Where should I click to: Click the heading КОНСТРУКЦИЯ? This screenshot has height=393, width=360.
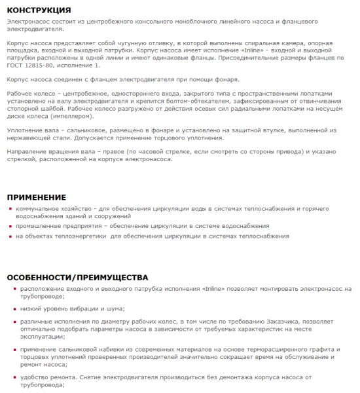(x=39, y=10)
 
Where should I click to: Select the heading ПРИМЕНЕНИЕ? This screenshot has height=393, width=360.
(x=37, y=197)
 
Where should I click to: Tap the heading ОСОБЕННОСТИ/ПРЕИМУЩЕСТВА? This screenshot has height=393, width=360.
(x=77, y=277)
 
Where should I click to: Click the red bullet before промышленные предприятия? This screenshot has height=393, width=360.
(x=10, y=226)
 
